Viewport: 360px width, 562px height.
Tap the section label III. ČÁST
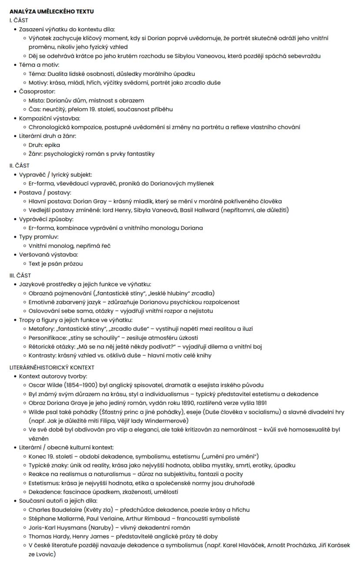point(20,275)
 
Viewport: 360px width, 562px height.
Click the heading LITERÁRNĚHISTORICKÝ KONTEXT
point(52,367)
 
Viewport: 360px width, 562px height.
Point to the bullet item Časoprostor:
point(37,92)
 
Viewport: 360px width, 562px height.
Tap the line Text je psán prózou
point(56,263)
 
